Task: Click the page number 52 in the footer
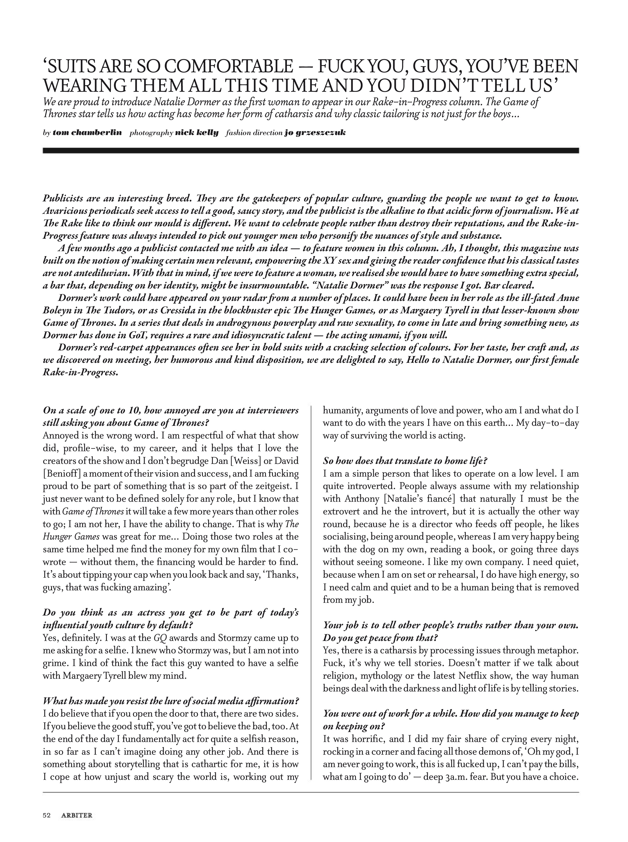point(47,815)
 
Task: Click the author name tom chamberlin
point(87,133)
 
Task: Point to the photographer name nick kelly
point(197,133)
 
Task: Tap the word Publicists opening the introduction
point(63,199)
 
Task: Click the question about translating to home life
point(405,461)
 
